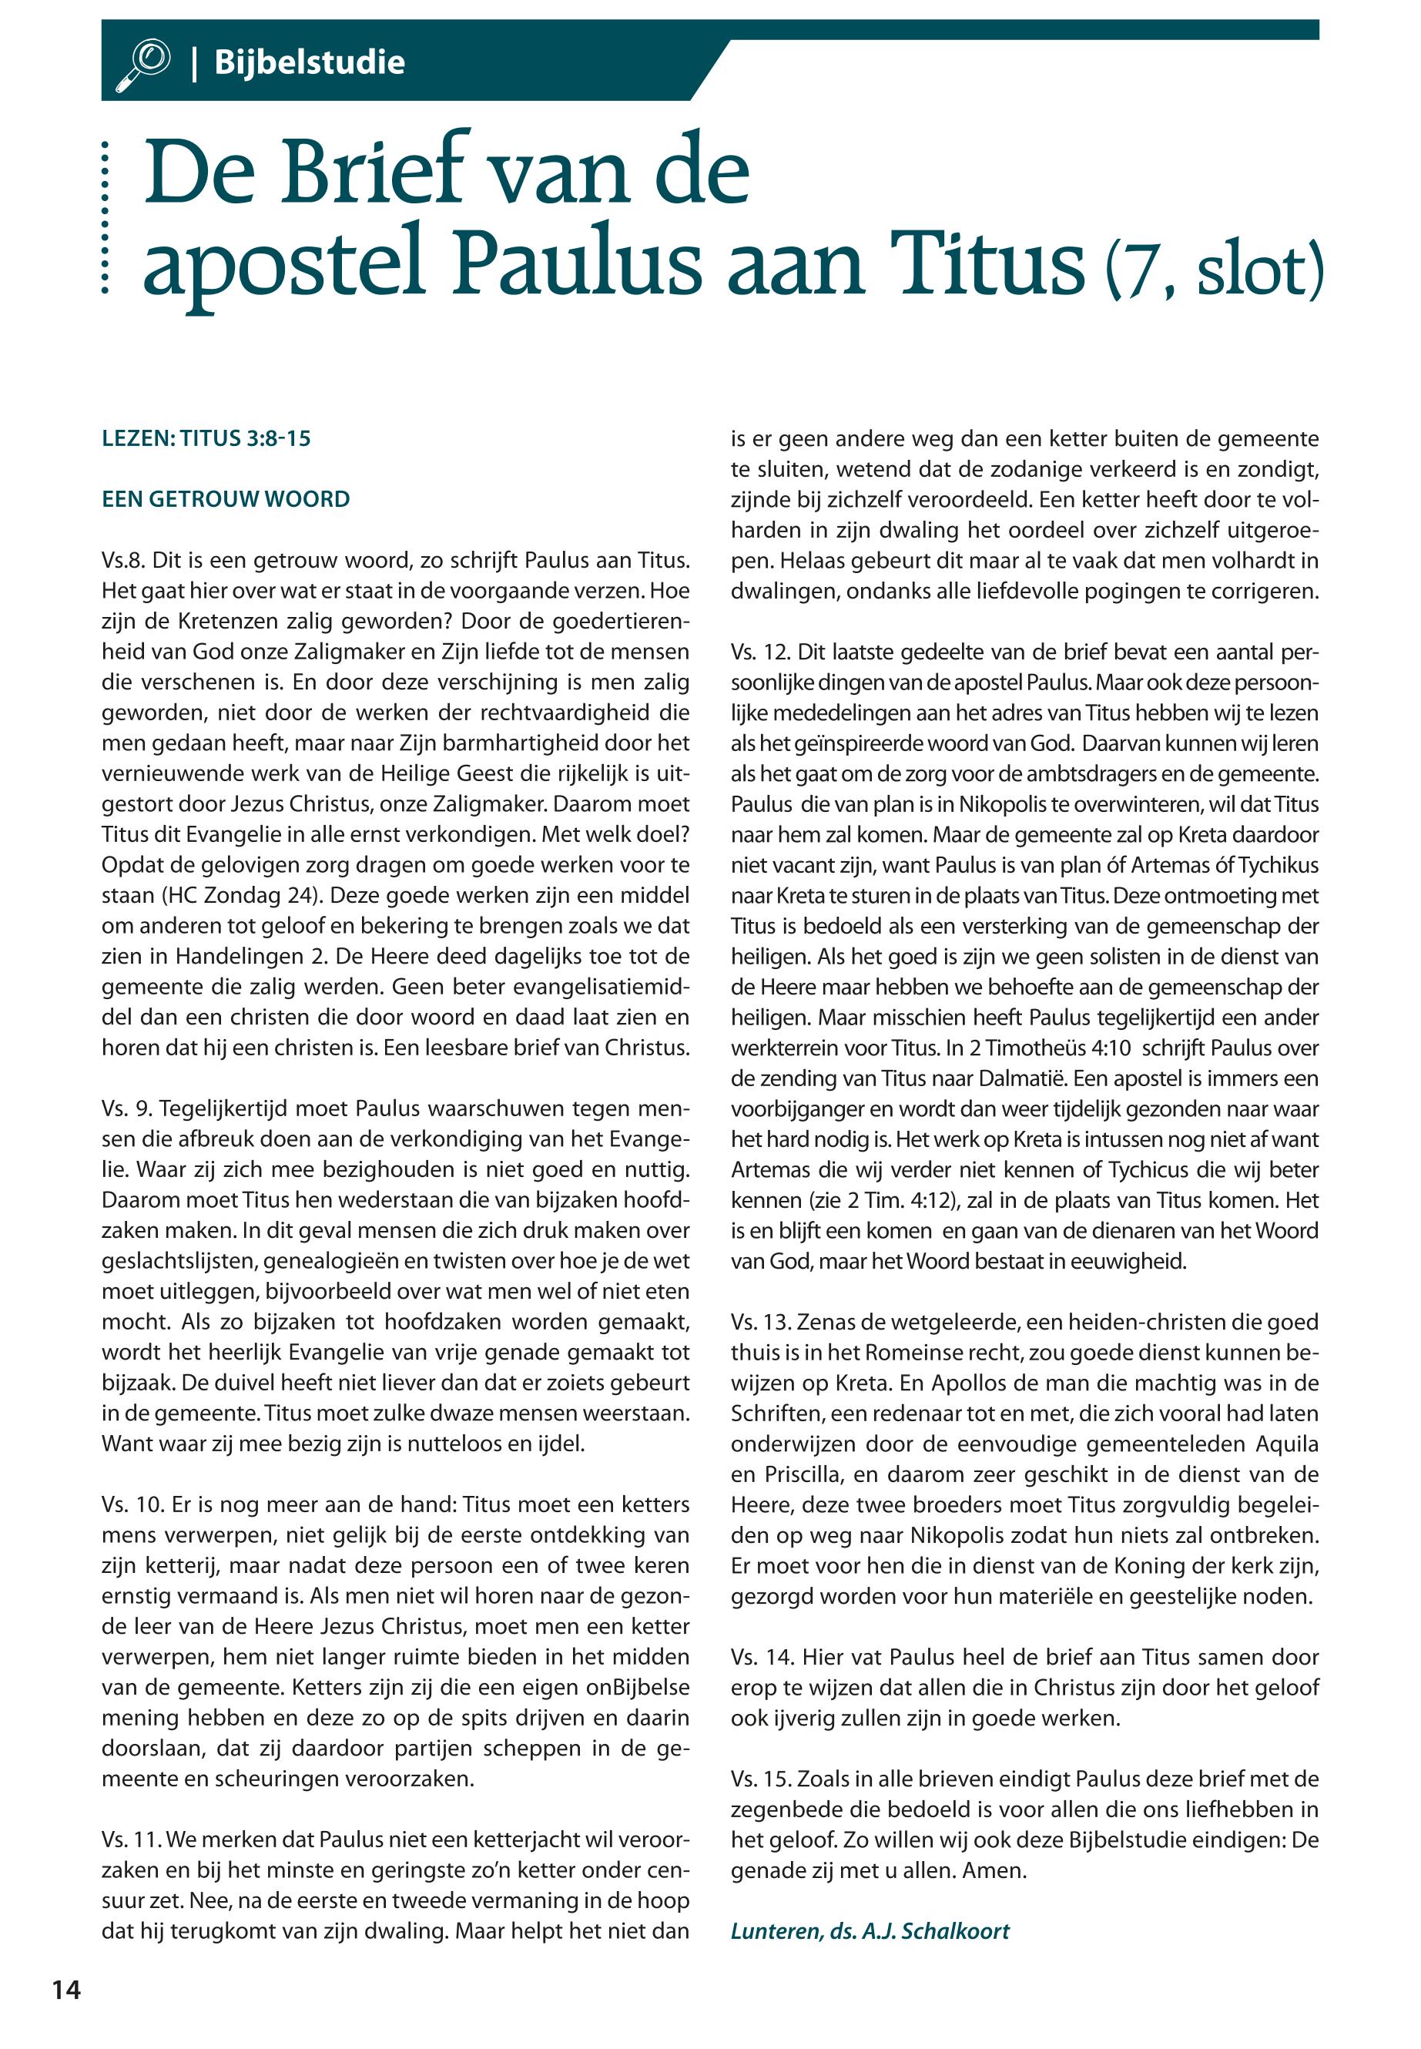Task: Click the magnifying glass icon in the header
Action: click(x=142, y=63)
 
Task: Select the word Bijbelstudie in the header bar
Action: click(x=309, y=63)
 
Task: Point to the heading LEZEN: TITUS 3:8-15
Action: click(x=206, y=438)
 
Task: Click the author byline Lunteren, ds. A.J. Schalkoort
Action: click(x=870, y=1930)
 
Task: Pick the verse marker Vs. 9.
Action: click(x=124, y=1108)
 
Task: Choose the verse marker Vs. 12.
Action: click(x=757, y=652)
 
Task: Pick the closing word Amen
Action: click(x=994, y=1870)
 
